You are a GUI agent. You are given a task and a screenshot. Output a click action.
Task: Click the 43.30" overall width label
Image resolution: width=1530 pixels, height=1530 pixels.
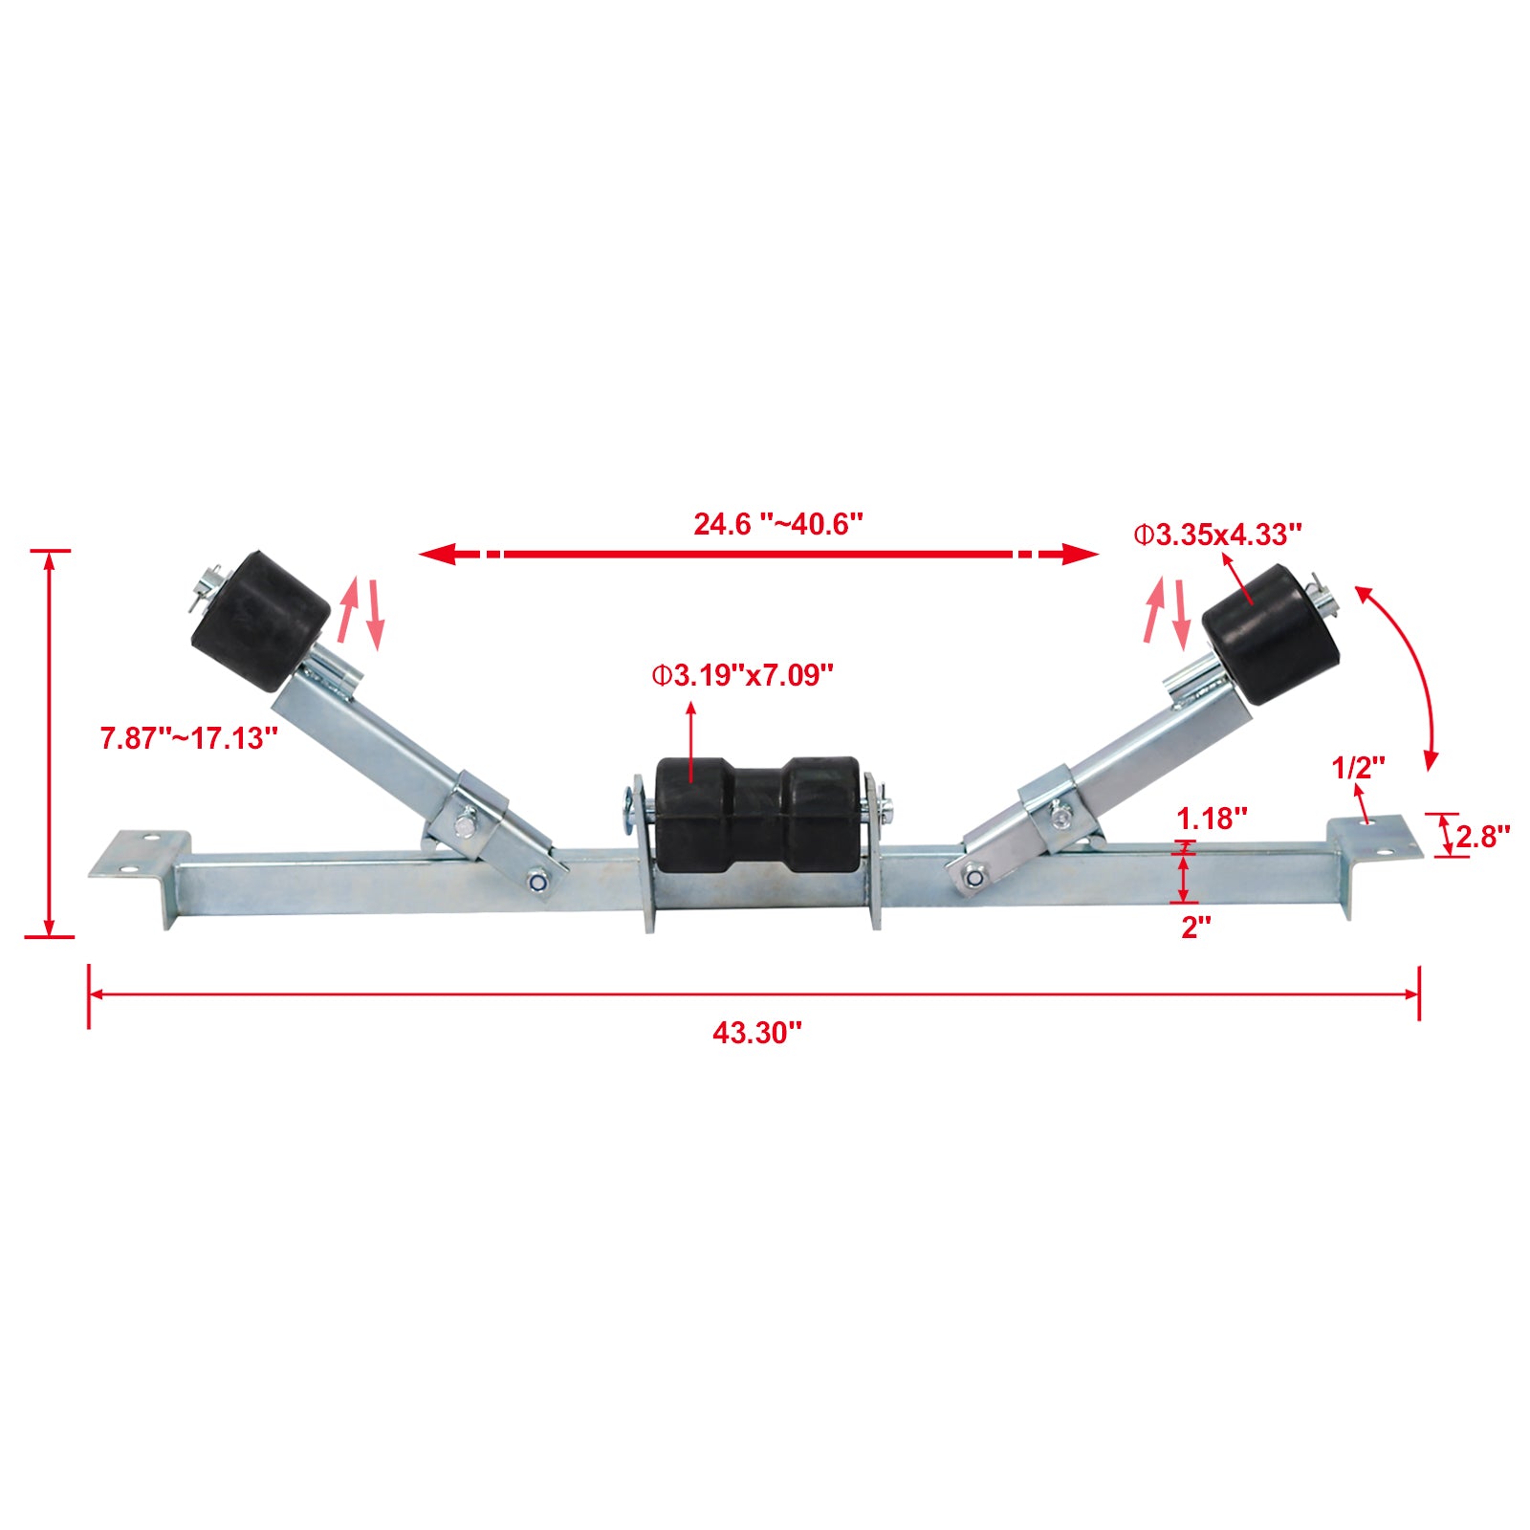756,1034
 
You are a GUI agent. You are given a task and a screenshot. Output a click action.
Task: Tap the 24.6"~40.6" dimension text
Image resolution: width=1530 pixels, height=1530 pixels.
778,524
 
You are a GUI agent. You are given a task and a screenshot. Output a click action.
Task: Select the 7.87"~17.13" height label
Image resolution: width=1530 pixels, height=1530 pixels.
189,738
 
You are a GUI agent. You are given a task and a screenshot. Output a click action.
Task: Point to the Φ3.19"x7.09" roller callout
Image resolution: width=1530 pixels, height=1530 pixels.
743,676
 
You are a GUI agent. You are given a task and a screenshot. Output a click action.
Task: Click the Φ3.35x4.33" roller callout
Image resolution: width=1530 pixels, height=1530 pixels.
1217,535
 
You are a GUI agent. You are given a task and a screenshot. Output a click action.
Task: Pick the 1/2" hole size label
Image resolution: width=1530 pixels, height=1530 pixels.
1358,767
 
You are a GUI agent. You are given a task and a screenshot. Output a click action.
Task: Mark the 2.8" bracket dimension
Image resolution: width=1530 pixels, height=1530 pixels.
1482,837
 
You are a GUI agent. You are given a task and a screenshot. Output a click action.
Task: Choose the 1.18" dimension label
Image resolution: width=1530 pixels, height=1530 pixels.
1212,819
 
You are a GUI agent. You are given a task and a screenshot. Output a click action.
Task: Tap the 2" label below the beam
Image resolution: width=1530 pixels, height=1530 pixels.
1196,927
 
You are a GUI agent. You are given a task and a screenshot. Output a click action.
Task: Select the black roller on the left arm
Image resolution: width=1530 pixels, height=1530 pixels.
260,620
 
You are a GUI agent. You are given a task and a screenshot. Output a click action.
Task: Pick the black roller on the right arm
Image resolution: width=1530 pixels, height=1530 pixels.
1271,635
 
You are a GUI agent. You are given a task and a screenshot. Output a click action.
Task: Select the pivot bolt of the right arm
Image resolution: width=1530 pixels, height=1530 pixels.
974,874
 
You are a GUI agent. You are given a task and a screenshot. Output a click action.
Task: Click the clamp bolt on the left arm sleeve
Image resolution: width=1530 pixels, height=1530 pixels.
466,820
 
